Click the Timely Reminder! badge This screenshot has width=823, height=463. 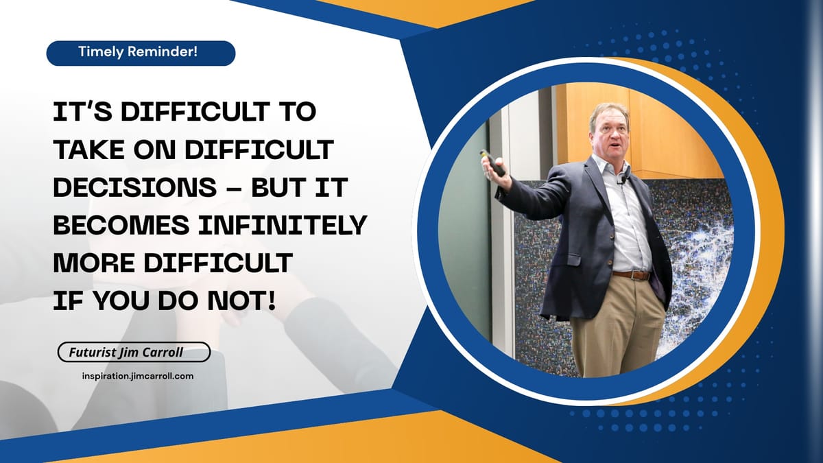[141, 54]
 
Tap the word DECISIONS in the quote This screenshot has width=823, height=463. [135, 187]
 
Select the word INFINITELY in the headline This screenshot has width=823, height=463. [283, 225]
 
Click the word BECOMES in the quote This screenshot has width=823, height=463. [121, 225]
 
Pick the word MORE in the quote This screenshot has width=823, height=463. [94, 263]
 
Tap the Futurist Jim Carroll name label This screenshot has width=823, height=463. [134, 352]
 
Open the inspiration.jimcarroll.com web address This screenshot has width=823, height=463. [138, 376]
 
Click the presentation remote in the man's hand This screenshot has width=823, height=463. [492, 163]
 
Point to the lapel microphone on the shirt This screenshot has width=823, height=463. [623, 180]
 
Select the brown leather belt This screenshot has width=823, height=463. [632, 275]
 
